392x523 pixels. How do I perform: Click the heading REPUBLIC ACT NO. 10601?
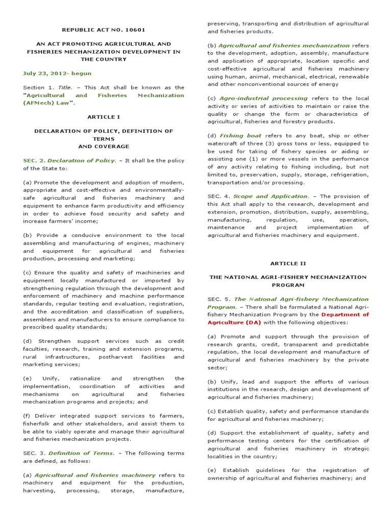tap(104, 30)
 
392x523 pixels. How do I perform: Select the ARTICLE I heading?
tap(104, 116)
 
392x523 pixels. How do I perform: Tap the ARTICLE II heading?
tap(288, 263)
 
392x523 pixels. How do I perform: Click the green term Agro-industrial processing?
tap(264, 98)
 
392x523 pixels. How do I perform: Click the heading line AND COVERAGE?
tap(104, 146)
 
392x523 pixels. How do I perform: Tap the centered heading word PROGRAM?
tap(288, 285)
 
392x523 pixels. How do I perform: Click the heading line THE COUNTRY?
tap(104, 59)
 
